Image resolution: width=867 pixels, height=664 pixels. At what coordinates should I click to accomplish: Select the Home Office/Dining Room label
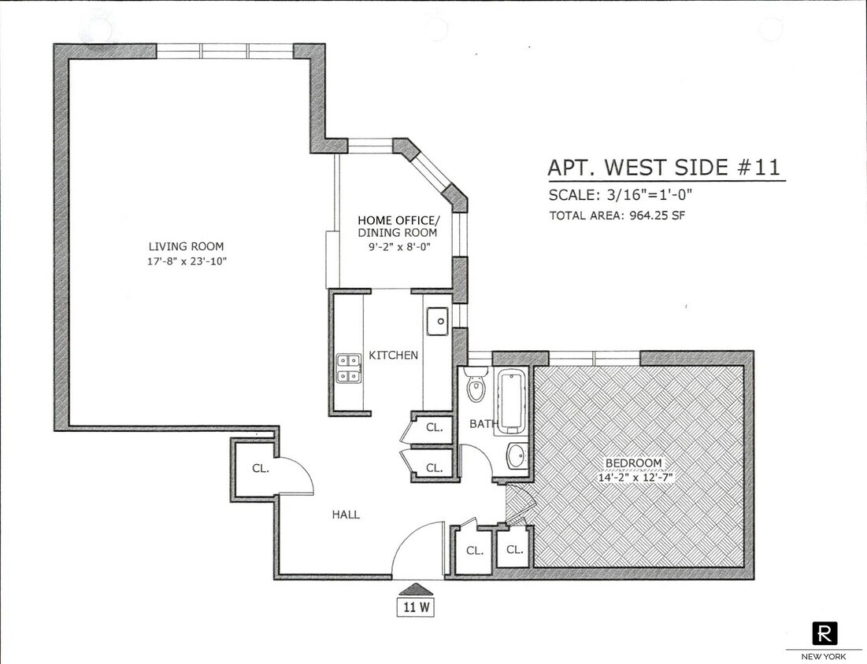tap(397, 227)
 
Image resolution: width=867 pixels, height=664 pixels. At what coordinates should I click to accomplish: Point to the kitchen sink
tap(436, 320)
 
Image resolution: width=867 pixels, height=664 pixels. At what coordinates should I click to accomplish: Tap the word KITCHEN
tap(393, 356)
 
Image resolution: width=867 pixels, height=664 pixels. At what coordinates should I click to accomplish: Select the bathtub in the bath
tap(512, 401)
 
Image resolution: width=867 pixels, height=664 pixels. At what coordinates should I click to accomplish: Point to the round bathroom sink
tap(516, 456)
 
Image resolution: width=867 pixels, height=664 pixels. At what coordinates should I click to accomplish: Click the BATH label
tap(484, 424)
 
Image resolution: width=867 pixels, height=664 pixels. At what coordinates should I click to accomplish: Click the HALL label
tap(345, 515)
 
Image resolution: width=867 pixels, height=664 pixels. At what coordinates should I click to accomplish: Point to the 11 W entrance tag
tap(415, 607)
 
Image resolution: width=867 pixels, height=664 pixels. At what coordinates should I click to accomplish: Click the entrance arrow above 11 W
tap(415, 588)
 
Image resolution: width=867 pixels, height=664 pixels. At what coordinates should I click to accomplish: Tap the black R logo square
tap(824, 633)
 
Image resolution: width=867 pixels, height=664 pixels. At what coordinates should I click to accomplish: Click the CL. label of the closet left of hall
tap(260, 468)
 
